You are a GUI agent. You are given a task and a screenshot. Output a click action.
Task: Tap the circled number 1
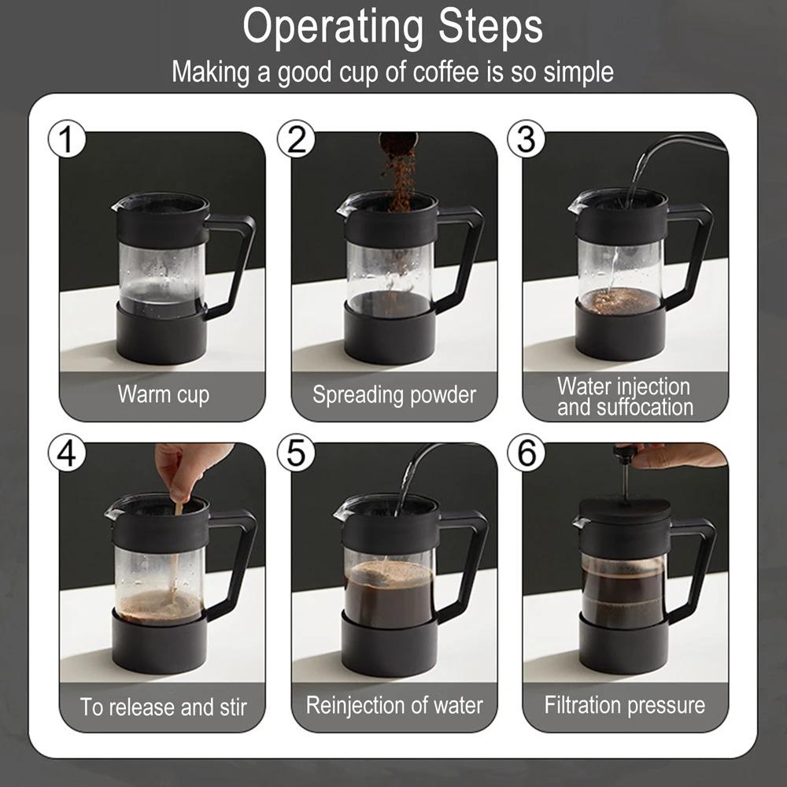(67, 139)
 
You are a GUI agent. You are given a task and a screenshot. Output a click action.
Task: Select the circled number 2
(296, 139)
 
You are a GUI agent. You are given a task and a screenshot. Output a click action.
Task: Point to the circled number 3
(526, 139)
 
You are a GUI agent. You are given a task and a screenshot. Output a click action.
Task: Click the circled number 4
(67, 453)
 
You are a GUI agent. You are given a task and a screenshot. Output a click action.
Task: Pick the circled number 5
(296, 453)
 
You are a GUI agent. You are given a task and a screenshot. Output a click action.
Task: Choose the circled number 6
(526, 453)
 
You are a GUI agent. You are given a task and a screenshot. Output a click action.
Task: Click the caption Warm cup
(164, 394)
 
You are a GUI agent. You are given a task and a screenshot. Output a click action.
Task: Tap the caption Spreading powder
(394, 395)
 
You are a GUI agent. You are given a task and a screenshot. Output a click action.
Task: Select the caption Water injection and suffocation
(625, 397)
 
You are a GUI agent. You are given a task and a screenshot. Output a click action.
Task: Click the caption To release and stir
(164, 707)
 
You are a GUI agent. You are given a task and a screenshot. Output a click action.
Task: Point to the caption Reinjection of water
(394, 705)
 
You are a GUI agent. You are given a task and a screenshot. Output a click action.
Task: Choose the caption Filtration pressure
(625, 705)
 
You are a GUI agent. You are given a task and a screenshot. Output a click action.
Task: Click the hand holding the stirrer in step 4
(188, 469)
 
